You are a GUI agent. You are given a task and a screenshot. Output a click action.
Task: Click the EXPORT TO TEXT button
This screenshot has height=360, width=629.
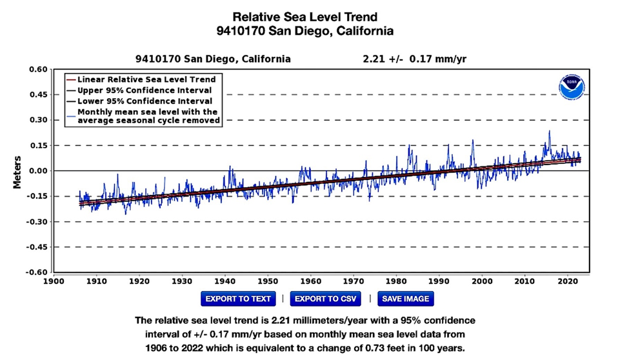238,299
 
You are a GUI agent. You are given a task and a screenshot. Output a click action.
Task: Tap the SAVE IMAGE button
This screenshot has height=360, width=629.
405,299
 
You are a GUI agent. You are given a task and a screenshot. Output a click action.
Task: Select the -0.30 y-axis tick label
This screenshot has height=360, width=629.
36,222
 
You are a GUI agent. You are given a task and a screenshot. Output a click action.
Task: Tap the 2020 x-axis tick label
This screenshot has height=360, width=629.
566,281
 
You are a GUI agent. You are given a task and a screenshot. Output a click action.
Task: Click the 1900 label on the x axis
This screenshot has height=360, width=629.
54,281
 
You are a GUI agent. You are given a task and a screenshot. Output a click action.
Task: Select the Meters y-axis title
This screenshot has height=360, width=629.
17,171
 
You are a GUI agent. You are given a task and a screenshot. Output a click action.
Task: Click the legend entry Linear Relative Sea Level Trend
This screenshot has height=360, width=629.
146,79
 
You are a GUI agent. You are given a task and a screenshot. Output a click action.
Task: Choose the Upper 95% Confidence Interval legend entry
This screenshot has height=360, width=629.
146,90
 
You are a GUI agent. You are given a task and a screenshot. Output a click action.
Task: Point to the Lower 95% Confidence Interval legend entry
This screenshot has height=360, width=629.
146,101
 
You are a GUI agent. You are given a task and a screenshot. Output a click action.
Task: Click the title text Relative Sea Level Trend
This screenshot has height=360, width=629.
305,16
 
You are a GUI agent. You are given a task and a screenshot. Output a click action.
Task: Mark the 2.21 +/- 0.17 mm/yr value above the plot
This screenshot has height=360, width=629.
415,59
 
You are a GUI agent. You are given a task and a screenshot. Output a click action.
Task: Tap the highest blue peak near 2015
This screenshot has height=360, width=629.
550,132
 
